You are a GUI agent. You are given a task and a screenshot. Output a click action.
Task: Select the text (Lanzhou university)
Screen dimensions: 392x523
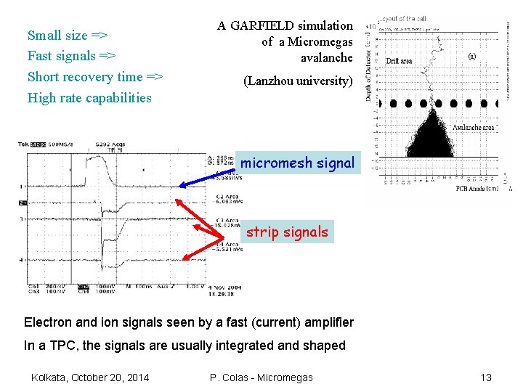[x=298, y=81]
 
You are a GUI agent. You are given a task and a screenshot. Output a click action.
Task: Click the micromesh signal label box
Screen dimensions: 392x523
[x=297, y=163]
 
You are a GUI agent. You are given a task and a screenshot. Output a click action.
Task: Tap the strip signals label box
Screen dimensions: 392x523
[x=288, y=232]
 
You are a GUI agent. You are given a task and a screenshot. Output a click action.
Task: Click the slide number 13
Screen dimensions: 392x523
[x=486, y=377]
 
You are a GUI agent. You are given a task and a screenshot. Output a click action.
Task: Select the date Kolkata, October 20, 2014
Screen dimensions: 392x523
[x=90, y=377]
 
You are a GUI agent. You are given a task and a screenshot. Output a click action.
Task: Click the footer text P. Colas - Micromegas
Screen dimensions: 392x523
[x=261, y=377]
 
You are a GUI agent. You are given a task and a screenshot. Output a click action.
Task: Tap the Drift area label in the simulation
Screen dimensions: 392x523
[x=399, y=61]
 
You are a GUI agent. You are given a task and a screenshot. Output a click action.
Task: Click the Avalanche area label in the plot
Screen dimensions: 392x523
[x=473, y=128]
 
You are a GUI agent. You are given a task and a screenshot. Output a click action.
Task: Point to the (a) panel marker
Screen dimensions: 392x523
[x=471, y=55]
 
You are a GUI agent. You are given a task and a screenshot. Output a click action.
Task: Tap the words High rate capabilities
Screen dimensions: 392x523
[x=89, y=98]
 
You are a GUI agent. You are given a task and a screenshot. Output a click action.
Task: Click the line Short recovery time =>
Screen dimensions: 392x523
[x=94, y=77]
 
